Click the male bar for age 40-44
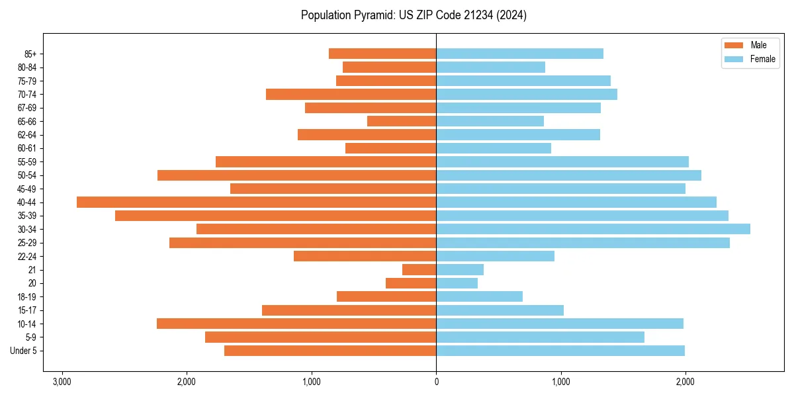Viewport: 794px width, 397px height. [x=256, y=202]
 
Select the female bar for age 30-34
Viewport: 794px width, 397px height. [x=593, y=229]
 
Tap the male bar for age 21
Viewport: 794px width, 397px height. [x=419, y=269]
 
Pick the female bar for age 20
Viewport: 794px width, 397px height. [x=457, y=283]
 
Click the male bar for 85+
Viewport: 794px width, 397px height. [x=382, y=54]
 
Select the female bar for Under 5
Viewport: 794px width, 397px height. [x=560, y=351]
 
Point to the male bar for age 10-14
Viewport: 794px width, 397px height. [x=296, y=324]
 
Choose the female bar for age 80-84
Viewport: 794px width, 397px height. [x=490, y=67]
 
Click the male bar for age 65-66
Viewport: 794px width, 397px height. [x=402, y=121]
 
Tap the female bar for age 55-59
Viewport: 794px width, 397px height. [x=562, y=161]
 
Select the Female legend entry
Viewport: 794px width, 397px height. [x=752, y=59]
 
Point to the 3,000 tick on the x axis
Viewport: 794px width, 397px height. [x=62, y=382]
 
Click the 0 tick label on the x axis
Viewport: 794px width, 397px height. [x=436, y=382]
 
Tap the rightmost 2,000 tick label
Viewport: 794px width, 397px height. [x=685, y=382]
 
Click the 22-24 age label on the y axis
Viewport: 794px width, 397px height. [x=27, y=256]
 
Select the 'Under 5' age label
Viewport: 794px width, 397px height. [x=24, y=351]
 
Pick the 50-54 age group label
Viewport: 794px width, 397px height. [x=27, y=175]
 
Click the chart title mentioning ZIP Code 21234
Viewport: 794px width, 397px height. [x=414, y=15]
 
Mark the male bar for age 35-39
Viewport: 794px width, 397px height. [x=275, y=216]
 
